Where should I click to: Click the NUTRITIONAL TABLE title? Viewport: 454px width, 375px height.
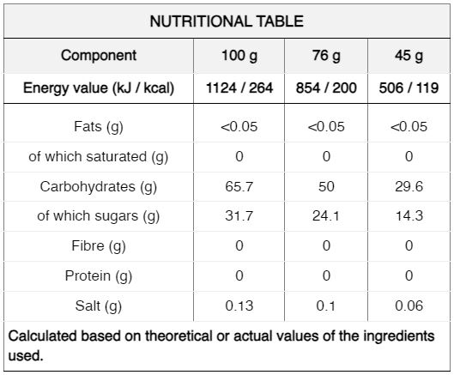tap(227, 21)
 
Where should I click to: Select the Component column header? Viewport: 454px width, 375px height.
tap(99, 55)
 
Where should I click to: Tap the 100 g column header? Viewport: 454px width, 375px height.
tap(239, 56)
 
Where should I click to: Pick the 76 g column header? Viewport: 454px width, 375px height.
tap(326, 56)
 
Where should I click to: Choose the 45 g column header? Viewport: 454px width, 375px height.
tap(409, 56)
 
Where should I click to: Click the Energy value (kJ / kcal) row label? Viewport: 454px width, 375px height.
tap(99, 88)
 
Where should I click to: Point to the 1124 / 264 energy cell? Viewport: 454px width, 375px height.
tap(239, 88)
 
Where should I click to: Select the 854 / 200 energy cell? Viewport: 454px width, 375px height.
tap(326, 88)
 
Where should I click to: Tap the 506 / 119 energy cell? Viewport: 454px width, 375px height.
tap(409, 88)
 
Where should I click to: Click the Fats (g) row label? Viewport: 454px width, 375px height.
tap(99, 127)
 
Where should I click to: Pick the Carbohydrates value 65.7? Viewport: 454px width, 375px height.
tap(239, 186)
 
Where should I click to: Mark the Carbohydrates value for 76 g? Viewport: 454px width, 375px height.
tap(326, 186)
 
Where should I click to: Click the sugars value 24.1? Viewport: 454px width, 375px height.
tap(326, 216)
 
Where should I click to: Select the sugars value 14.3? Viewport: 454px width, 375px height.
tap(409, 216)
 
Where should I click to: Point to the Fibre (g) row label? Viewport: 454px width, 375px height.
tap(99, 246)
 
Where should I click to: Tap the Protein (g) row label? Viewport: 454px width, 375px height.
tap(99, 276)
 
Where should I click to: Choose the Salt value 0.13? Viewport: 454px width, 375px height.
tap(239, 305)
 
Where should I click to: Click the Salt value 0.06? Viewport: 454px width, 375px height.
tap(409, 305)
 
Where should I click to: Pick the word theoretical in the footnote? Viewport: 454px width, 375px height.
tap(179, 336)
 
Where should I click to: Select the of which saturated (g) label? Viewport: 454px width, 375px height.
tap(99, 157)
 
